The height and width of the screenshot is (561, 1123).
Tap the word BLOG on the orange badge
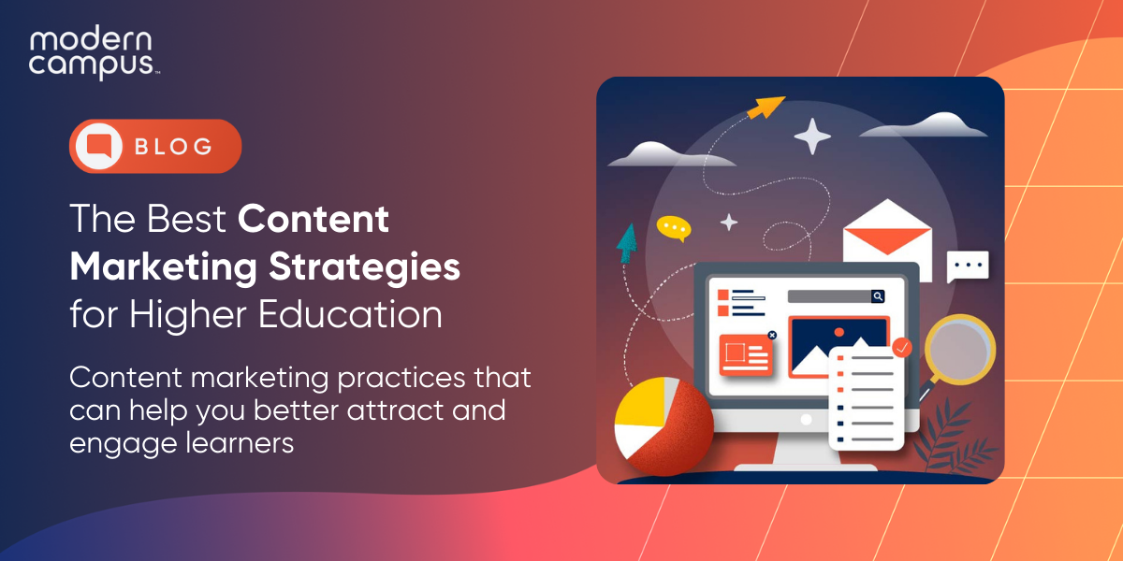(173, 147)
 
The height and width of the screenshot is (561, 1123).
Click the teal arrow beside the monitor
(626, 242)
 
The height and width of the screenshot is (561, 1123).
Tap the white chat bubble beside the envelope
(967, 266)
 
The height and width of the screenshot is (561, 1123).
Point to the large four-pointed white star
(812, 137)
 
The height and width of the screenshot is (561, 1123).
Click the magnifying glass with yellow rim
(958, 352)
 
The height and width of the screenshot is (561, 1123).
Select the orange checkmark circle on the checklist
(902, 347)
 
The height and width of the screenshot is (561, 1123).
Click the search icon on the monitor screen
(878, 296)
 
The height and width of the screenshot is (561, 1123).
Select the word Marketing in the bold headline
(161, 267)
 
